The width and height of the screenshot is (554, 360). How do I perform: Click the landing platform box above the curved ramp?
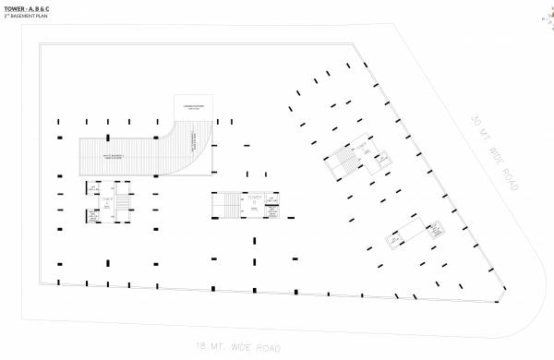193,108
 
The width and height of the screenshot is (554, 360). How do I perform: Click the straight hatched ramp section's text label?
118,157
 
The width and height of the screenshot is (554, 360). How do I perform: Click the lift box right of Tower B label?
272,197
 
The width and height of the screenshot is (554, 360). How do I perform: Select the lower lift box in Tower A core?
94,215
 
